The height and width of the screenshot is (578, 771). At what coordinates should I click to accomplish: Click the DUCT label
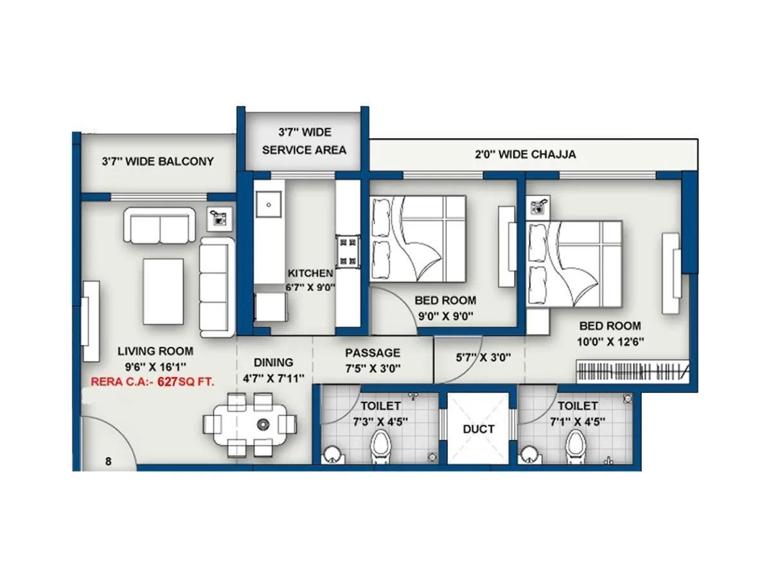(x=479, y=428)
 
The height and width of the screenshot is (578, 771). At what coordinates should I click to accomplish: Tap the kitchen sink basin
(x=267, y=205)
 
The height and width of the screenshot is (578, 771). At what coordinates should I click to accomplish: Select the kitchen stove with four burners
(x=348, y=252)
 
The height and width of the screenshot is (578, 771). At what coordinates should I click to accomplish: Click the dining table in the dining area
(x=251, y=424)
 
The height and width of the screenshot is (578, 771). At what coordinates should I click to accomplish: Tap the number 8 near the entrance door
(x=108, y=460)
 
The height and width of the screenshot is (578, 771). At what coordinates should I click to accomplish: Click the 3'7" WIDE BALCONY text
(x=157, y=161)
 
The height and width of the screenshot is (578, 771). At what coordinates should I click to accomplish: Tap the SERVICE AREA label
(x=304, y=150)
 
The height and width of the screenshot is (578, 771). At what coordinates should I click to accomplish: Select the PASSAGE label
(x=373, y=353)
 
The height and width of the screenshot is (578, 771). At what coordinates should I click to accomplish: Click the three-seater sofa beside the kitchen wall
(x=215, y=287)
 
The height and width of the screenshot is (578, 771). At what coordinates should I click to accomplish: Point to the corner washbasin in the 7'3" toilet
(x=332, y=454)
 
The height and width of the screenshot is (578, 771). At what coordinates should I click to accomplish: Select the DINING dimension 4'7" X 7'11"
(x=273, y=378)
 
